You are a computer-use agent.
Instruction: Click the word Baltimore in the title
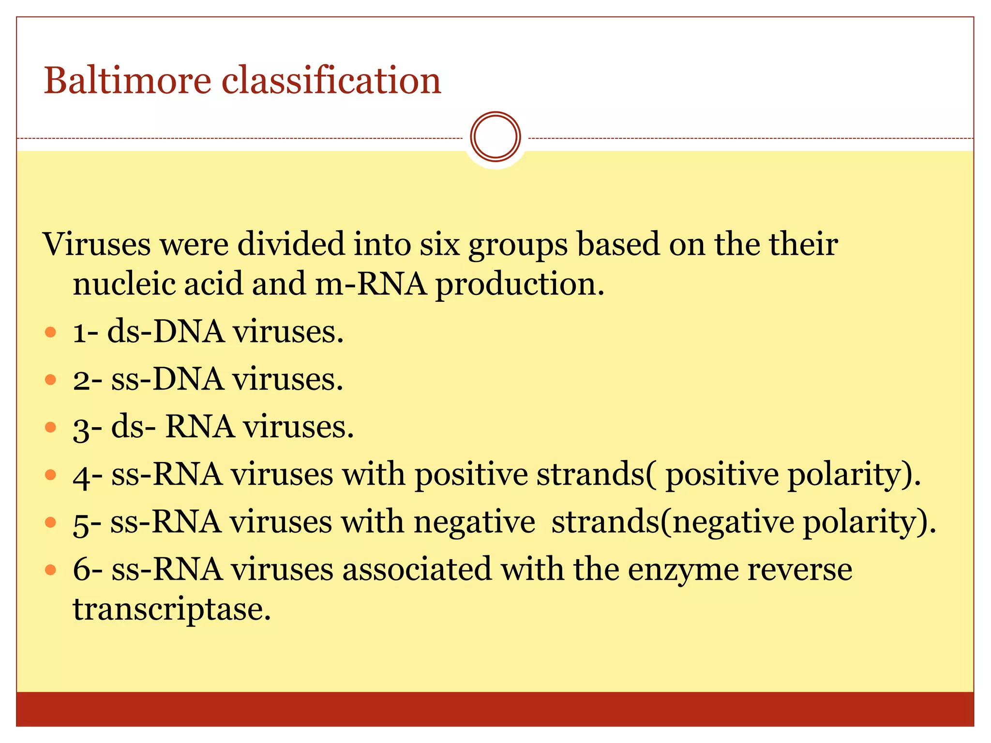127,80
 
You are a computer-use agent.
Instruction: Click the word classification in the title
331,80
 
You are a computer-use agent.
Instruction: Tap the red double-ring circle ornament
495,137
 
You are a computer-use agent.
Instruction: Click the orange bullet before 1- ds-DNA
50,332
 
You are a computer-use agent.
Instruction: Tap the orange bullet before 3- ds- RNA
50,427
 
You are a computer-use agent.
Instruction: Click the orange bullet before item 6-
50,569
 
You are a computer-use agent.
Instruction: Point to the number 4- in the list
88,475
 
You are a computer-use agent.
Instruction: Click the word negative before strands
474,522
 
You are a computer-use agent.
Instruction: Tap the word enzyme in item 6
683,570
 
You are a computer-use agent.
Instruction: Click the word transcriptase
171,609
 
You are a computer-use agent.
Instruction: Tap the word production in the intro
520,284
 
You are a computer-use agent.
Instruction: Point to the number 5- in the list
87,523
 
